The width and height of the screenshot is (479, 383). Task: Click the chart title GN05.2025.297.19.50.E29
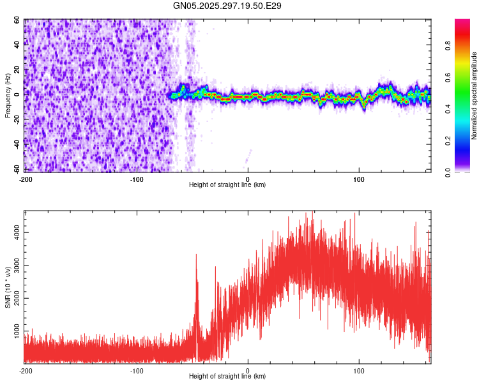pyautogui.click(x=227, y=6)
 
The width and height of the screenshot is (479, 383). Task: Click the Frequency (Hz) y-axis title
pyautogui.click(x=8, y=96)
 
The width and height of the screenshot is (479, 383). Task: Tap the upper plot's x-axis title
pyautogui.click(x=227, y=184)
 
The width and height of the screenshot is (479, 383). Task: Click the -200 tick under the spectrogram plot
pyautogui.click(x=26, y=179)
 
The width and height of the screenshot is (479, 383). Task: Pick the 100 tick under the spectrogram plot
pyautogui.click(x=359, y=179)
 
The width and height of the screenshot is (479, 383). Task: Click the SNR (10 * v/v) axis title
pyautogui.click(x=8, y=287)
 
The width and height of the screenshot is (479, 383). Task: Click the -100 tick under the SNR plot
pyautogui.click(x=137, y=370)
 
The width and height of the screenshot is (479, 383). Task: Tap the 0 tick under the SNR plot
pyautogui.click(x=248, y=370)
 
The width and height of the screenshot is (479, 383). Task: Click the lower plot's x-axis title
pyautogui.click(x=227, y=376)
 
